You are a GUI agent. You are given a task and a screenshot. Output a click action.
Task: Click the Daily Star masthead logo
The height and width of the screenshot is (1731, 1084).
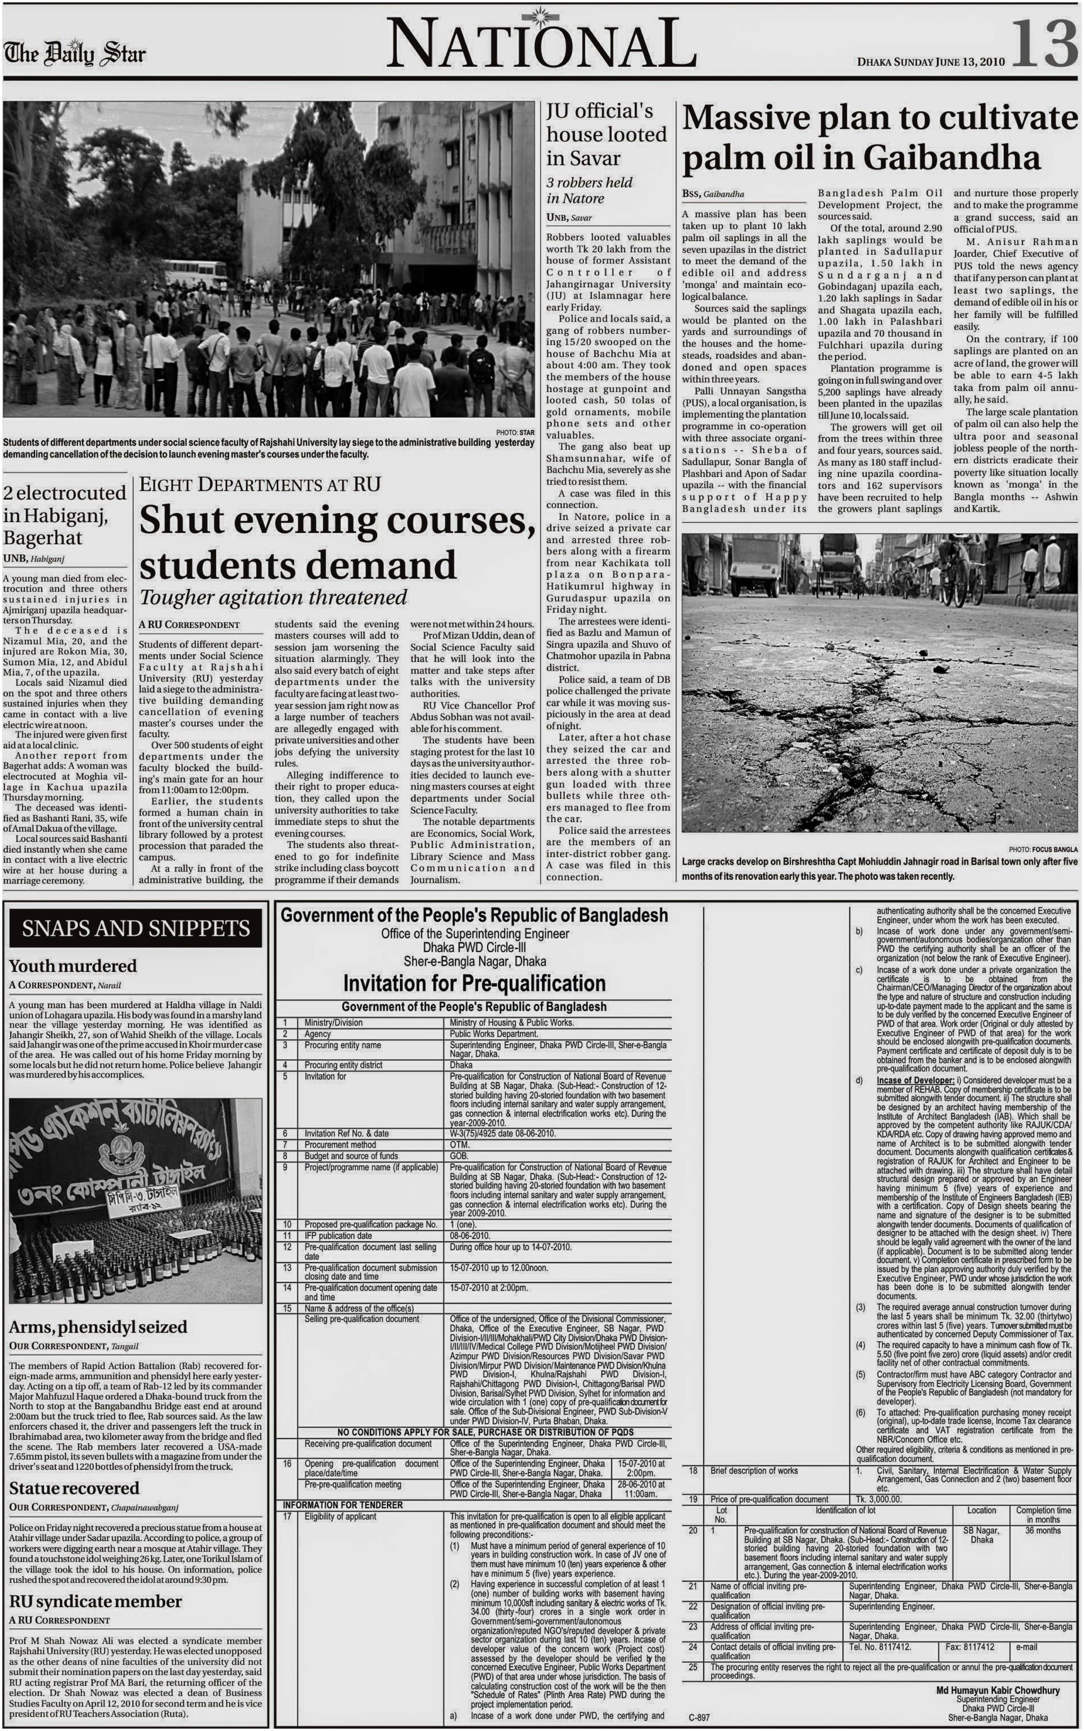coord(75,53)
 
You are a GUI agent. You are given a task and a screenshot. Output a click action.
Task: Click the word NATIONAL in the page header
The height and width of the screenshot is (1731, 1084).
coord(541,45)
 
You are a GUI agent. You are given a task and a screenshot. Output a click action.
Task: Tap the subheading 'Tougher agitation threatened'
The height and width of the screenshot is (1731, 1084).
coord(273,597)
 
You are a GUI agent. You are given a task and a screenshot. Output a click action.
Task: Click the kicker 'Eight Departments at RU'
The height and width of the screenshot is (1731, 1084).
coord(260,484)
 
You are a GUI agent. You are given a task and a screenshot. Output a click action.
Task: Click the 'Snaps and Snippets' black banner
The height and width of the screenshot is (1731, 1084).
coord(135,928)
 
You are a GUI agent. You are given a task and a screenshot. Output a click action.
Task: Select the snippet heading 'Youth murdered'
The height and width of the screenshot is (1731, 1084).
coord(73,965)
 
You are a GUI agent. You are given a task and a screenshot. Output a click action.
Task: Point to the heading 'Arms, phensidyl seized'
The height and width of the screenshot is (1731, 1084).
coord(98,1327)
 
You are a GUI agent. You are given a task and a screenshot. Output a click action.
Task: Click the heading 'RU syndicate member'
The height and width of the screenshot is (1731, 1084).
coord(95,1601)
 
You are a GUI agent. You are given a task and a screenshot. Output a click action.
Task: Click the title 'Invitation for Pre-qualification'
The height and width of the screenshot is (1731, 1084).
coord(474,983)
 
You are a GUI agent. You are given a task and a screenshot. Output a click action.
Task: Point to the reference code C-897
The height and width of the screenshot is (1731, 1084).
coord(699,1717)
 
